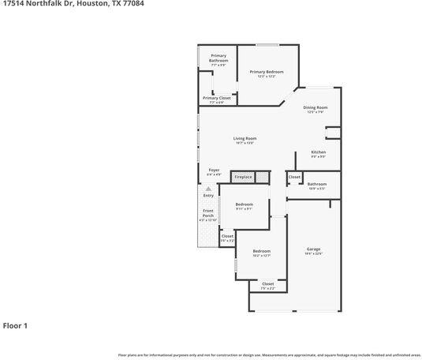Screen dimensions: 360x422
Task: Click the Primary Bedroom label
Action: tap(266, 72)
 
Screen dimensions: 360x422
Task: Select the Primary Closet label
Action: tap(217, 99)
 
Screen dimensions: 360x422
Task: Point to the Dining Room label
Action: tap(316, 107)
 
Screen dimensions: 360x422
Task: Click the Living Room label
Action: tap(245, 138)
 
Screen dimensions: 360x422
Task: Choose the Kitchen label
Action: tap(318, 152)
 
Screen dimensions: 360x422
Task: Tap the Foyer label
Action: tap(214, 170)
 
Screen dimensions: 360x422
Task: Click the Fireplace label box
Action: tap(243, 177)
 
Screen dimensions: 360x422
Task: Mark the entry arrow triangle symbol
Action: tap(208, 189)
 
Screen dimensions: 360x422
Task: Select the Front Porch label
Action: tap(207, 212)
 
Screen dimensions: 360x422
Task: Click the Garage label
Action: tap(313, 249)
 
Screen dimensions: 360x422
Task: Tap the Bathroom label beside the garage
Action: tap(316, 184)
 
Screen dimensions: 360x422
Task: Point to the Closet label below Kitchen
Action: tap(293, 177)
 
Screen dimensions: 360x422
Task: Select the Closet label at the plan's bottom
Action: tap(267, 283)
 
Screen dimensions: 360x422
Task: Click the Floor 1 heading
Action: tap(15, 324)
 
